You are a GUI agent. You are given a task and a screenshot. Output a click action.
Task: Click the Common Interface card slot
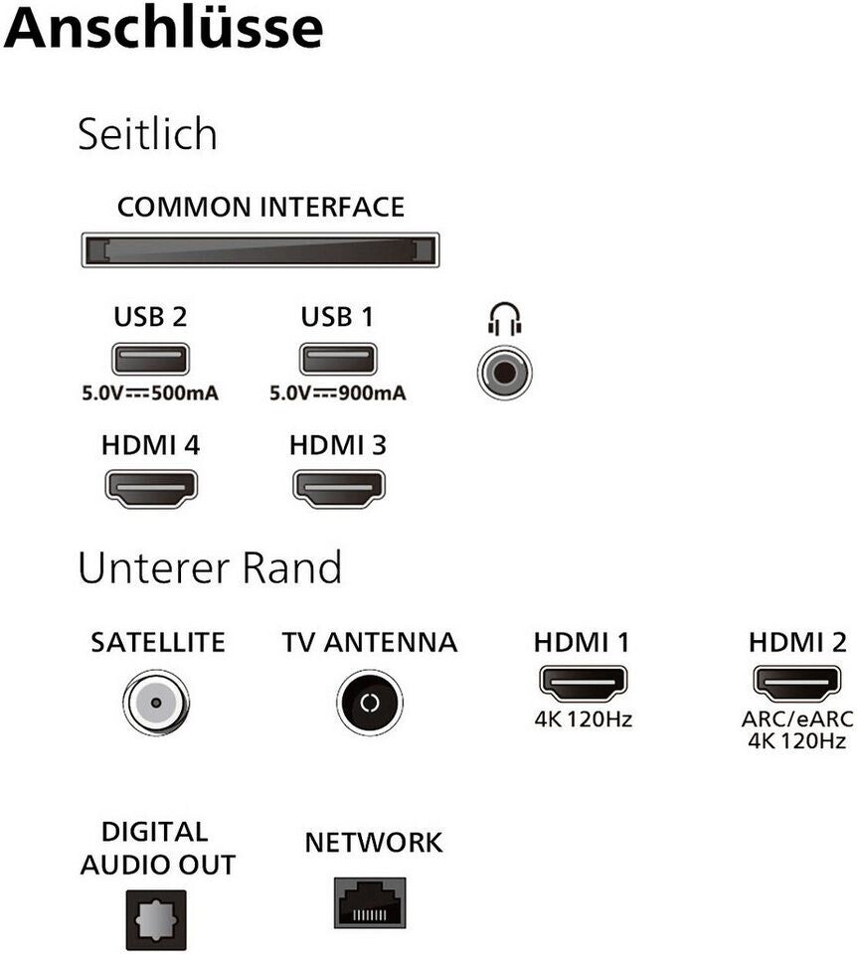coord(260,249)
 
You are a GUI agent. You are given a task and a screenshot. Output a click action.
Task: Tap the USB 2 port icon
coord(150,359)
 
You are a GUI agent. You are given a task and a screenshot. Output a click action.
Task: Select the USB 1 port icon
coord(338,359)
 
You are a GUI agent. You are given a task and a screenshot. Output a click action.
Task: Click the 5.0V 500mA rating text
coord(150,394)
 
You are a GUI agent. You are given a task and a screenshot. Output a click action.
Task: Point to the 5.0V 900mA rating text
coord(338,394)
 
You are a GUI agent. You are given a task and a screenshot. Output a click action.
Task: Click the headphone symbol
coord(505,319)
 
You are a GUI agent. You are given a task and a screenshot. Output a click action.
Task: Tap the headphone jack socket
coord(505,373)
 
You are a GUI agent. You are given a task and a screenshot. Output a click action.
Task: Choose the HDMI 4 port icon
coord(151,489)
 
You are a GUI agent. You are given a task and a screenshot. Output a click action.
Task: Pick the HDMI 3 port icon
coord(338,489)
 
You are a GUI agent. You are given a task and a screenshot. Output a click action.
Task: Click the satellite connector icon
coord(156,703)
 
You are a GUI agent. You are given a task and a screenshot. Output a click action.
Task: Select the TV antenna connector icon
coord(370,703)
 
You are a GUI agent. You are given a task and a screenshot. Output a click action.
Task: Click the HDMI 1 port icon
coord(584,684)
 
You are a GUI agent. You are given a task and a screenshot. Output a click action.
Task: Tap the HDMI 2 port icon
coord(797,684)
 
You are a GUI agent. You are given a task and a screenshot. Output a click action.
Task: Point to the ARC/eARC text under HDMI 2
coord(797,719)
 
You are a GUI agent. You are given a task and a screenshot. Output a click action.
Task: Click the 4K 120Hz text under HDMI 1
coord(584,719)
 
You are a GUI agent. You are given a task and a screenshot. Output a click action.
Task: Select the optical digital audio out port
coord(156,920)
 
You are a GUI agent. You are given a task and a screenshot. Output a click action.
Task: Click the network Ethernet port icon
coord(370,903)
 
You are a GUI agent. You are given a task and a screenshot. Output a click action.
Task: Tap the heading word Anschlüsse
coord(163,28)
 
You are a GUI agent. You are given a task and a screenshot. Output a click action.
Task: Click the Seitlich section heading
coord(147,134)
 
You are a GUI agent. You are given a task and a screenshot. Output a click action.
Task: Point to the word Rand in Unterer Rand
coord(291,567)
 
